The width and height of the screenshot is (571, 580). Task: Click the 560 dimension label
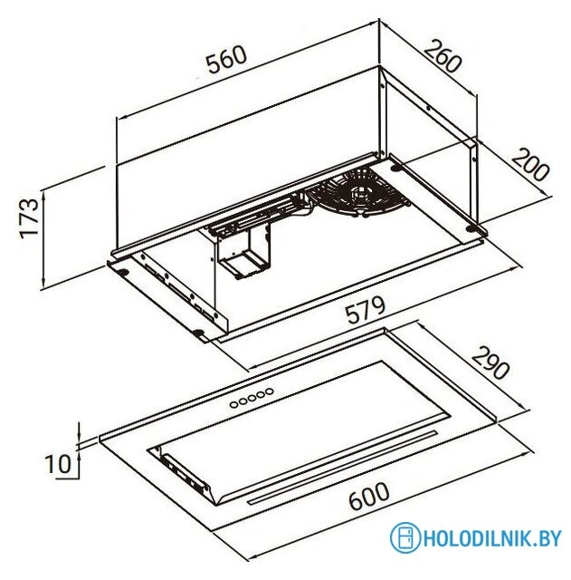(226, 60)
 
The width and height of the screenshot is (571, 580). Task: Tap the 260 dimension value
(443, 57)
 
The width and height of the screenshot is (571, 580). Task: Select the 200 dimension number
(530, 165)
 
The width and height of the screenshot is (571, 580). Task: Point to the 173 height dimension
(30, 218)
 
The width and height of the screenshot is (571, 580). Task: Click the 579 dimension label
(366, 309)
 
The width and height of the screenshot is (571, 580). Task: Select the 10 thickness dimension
(57, 464)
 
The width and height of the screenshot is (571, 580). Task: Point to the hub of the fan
(360, 192)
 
